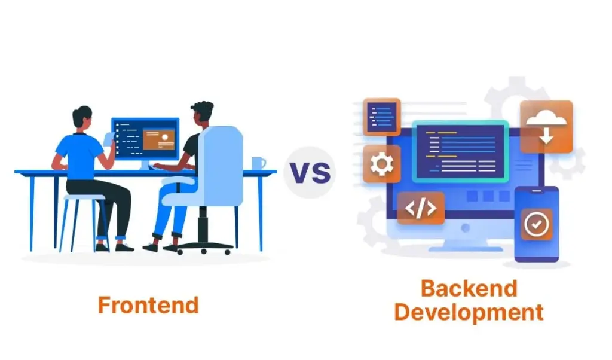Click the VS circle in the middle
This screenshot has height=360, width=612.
310,172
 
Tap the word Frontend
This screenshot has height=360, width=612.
148,305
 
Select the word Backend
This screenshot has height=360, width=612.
469,288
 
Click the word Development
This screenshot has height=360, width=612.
469,312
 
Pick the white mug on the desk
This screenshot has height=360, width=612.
258,163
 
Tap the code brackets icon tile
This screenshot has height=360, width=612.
421,208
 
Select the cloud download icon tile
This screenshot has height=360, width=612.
546,127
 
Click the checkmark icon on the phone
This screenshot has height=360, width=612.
536,224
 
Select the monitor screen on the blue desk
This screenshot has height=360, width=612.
145,139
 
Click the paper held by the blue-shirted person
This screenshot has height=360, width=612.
108,138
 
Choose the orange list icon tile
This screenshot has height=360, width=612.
381,117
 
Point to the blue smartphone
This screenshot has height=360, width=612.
536,224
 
